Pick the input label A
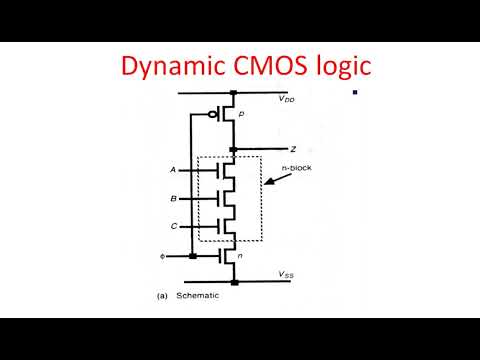click(x=173, y=170)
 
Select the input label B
click(x=173, y=198)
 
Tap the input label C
click(x=173, y=227)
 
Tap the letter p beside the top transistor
click(x=242, y=116)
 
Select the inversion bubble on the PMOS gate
click(x=213, y=115)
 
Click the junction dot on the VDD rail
click(x=232, y=94)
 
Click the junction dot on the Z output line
click(x=232, y=149)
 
